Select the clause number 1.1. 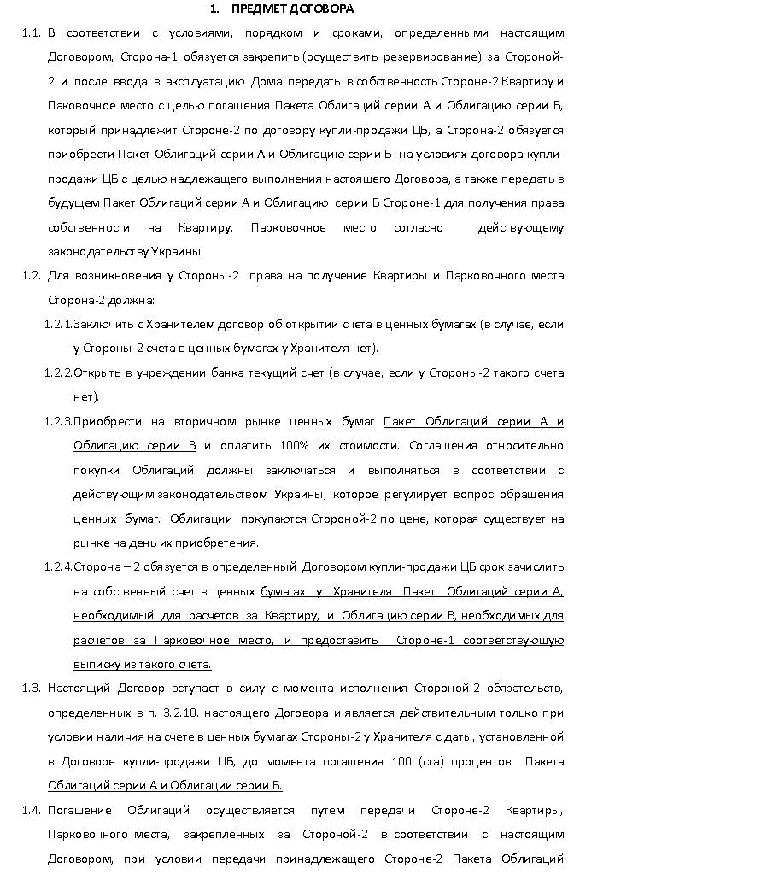[31, 33]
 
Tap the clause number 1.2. [31, 276]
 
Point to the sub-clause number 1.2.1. [58, 325]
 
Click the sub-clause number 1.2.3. [58, 422]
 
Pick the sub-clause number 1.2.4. [58, 567]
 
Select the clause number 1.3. [31, 689]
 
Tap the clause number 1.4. [31, 811]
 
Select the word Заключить [101, 325]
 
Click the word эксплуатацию [208, 82]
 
